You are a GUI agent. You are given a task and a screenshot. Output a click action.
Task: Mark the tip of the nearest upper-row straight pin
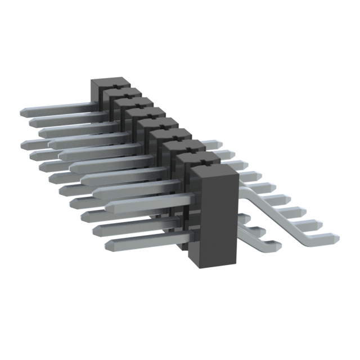109,207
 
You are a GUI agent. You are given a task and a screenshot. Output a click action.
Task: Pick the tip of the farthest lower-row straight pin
25,144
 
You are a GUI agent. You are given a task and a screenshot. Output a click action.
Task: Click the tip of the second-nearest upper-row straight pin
96,193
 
